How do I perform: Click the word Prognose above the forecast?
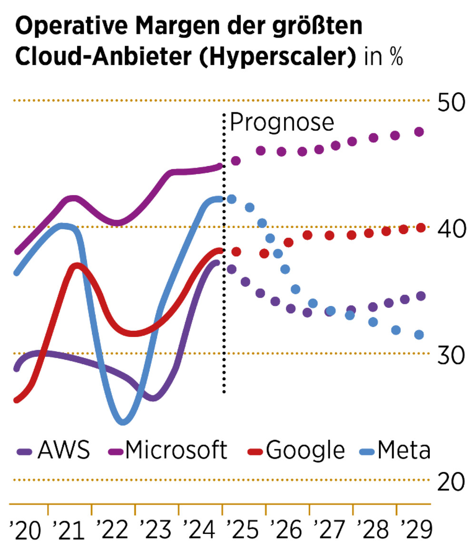282,122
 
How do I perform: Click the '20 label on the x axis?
25,530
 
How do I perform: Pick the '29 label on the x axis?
417,530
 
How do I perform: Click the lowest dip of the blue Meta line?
123,421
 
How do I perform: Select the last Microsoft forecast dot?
419,132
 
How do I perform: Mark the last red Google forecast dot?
420,228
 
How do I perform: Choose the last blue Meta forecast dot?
419,335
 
